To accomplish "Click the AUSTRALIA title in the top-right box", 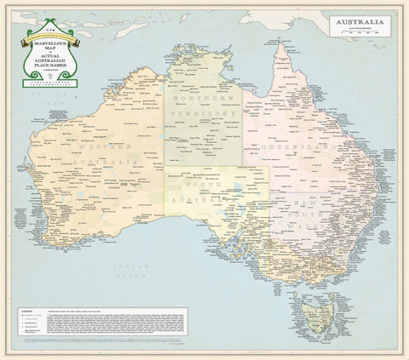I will coord(359,22).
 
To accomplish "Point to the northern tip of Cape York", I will coord(279,45).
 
